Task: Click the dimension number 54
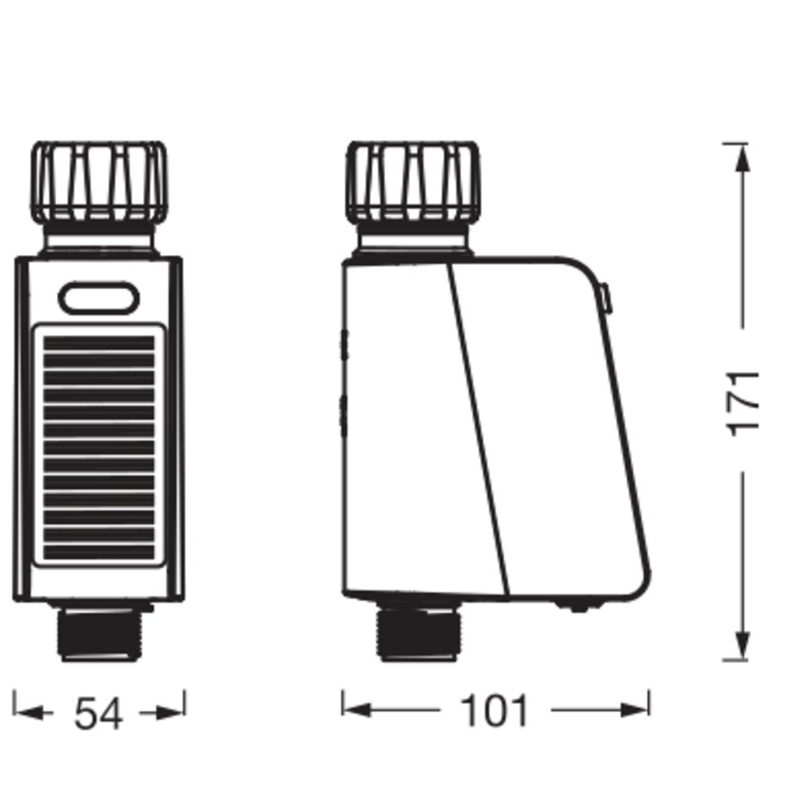(x=99, y=714)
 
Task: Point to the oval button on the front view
(x=99, y=298)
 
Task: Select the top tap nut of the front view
(x=99, y=182)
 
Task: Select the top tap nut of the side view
(x=413, y=182)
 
